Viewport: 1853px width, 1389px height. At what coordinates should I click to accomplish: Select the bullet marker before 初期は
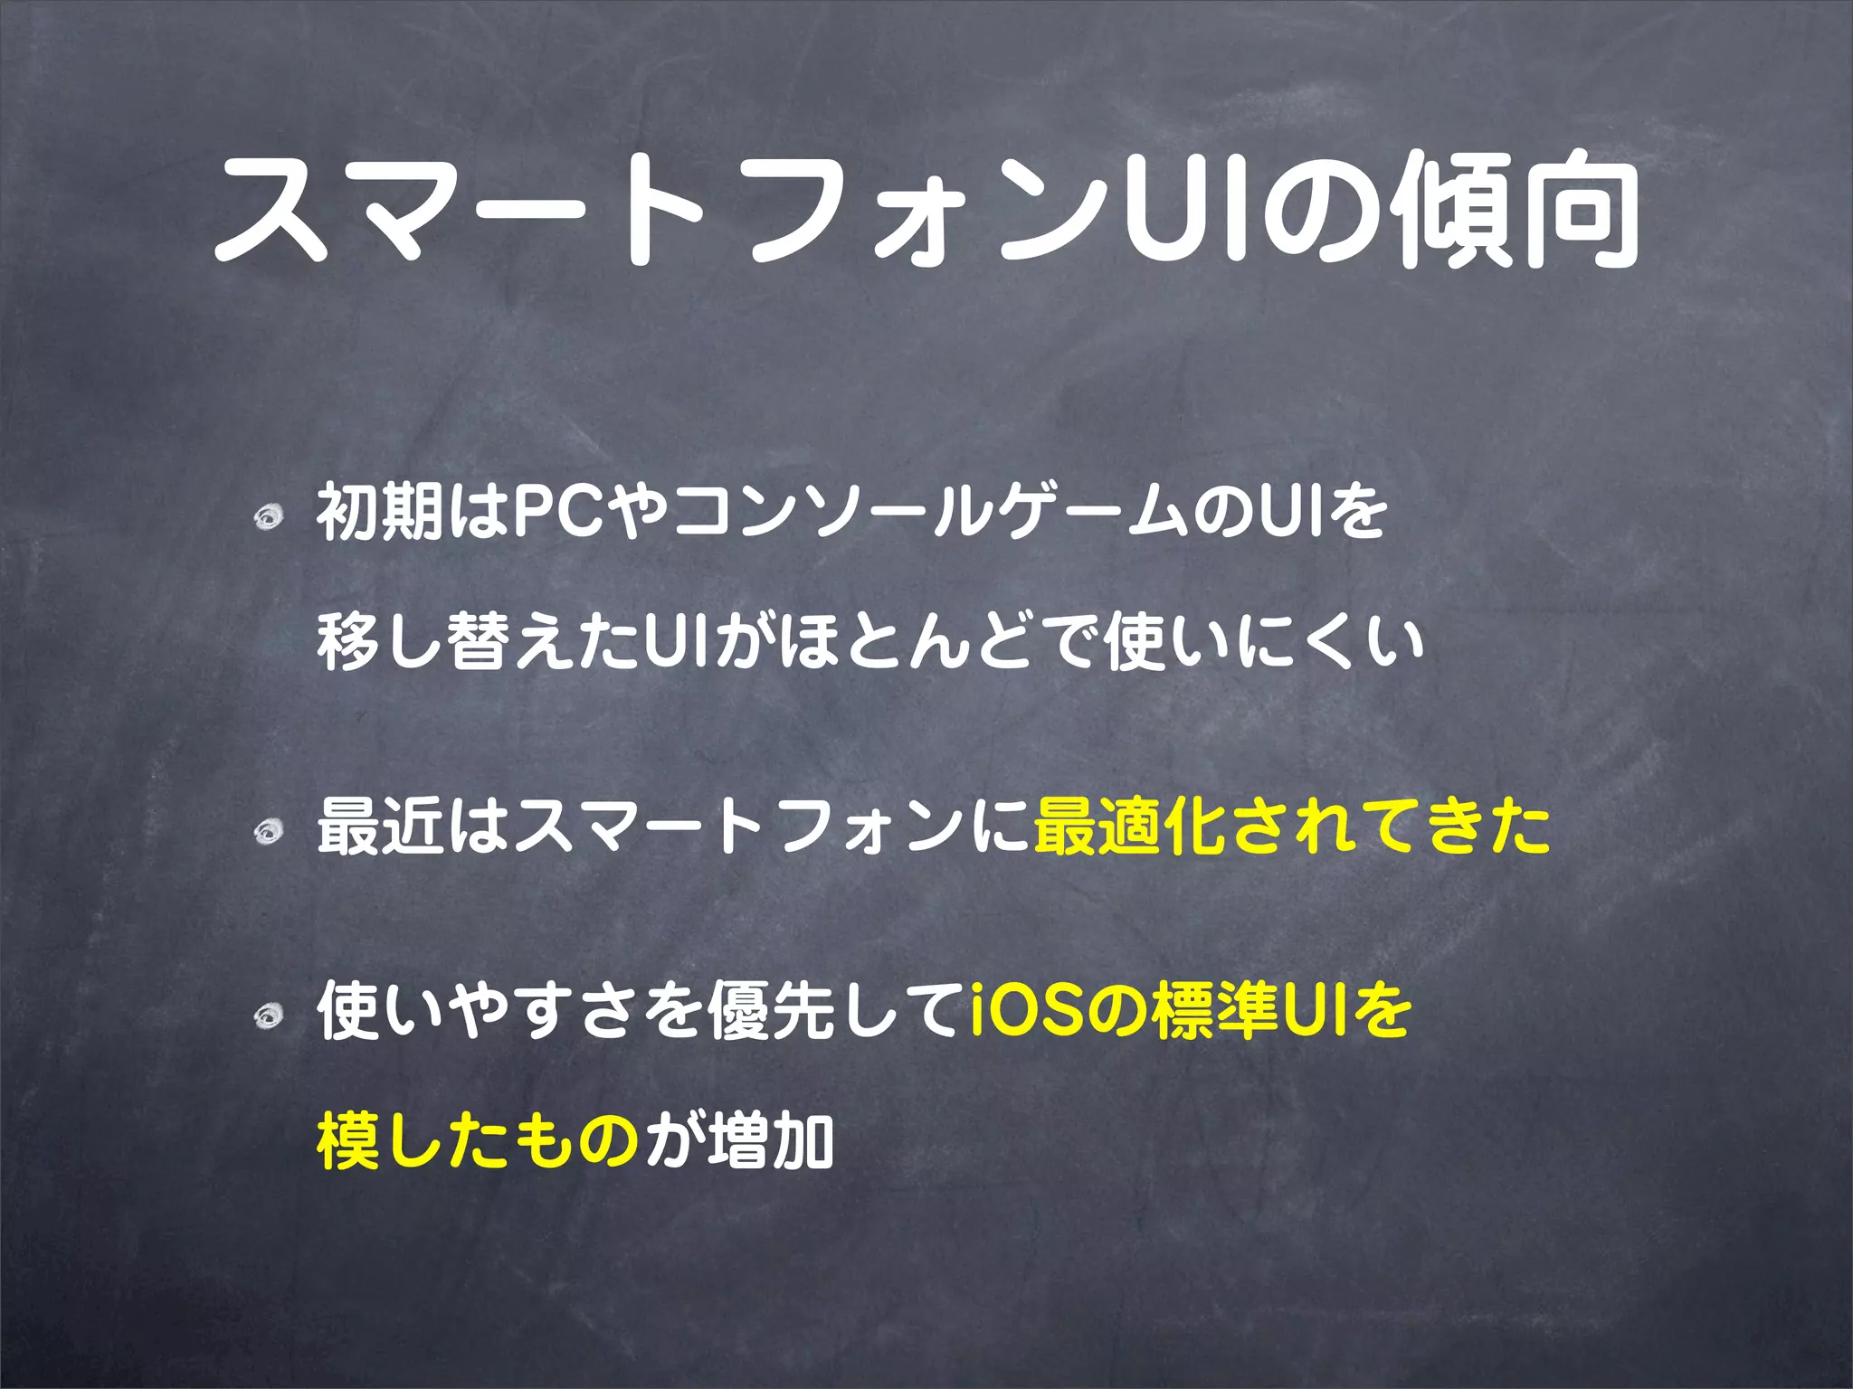point(268,517)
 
